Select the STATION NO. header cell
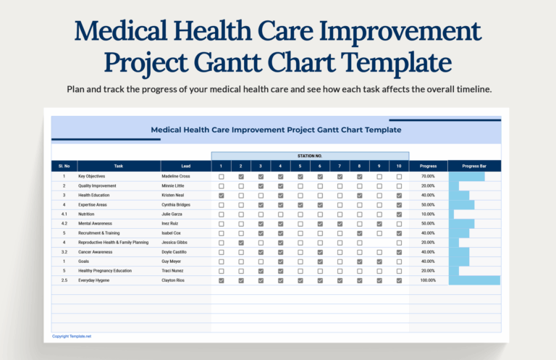tap(310, 156)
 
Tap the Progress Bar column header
tap(474, 166)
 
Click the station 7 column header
tap(340, 166)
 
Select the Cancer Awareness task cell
tap(96, 251)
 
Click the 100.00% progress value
tap(428, 280)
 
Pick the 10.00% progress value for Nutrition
tap(428, 214)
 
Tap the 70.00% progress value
tap(428, 176)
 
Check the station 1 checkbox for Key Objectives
tap(222, 177)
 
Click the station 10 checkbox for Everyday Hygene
tap(399, 280)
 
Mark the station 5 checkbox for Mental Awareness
tap(300, 224)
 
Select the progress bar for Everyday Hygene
tap(474, 280)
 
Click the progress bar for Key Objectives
tap(467, 177)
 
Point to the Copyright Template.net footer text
tap(72, 336)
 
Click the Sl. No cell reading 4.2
tap(64, 224)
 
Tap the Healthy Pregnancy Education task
tap(105, 270)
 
